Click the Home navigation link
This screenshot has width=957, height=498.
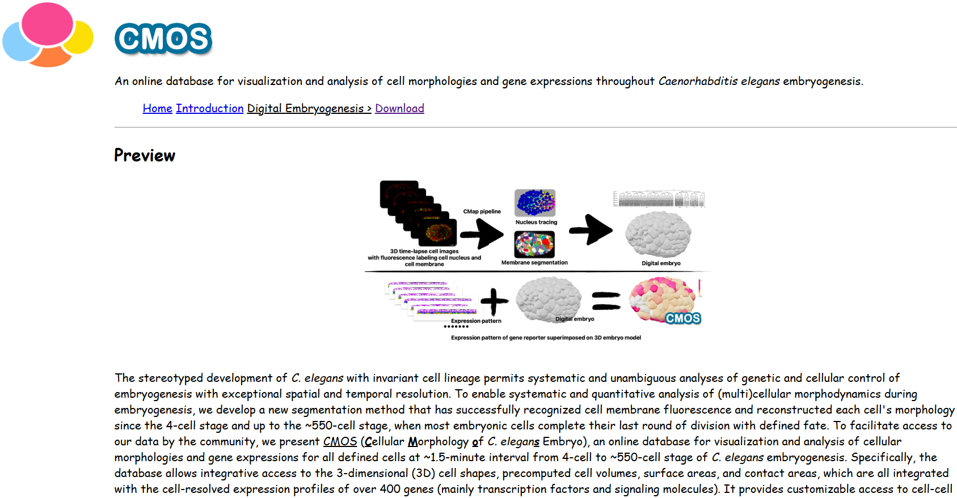(x=157, y=108)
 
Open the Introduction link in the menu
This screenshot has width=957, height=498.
(x=209, y=108)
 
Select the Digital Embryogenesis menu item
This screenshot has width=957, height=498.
(x=309, y=108)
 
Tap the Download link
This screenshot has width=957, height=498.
(x=399, y=108)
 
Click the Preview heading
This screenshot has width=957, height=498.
(x=145, y=155)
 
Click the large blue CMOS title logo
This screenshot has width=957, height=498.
(x=163, y=39)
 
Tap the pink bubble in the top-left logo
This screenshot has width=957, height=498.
(x=48, y=24)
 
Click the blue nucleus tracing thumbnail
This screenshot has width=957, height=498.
(x=535, y=203)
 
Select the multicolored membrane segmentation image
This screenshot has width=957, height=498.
(x=534, y=245)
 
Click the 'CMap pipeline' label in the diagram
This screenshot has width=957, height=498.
(x=482, y=211)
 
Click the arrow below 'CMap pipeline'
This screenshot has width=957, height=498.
(x=482, y=233)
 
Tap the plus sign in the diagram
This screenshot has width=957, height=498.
(x=494, y=301)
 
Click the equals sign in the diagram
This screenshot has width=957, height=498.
(x=606, y=301)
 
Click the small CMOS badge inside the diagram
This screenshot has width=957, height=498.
(x=683, y=318)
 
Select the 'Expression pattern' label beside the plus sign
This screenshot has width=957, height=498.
(x=476, y=321)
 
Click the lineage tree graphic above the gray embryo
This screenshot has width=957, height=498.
(x=659, y=199)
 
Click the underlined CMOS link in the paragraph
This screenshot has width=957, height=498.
(x=340, y=441)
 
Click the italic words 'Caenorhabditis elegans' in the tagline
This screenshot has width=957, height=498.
(x=719, y=81)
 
